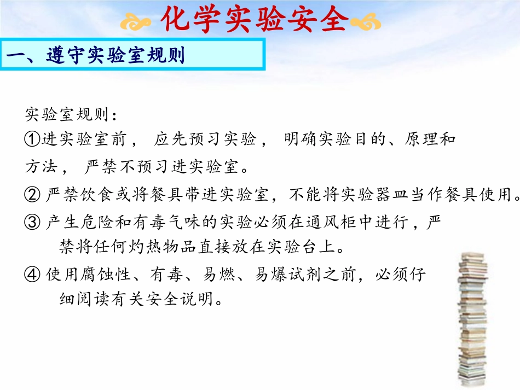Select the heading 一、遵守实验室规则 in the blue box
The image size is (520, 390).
coord(96,56)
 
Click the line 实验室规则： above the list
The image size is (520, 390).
coord(71,115)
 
